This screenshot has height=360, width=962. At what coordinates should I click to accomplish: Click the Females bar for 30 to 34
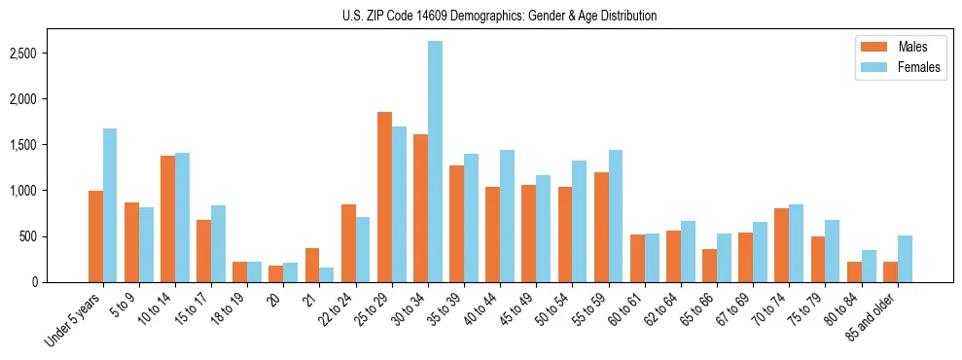(x=435, y=162)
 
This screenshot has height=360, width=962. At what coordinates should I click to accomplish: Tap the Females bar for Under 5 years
(x=110, y=205)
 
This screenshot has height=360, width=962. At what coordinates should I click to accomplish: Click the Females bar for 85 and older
(x=906, y=259)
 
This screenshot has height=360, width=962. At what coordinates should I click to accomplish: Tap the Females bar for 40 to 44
(x=507, y=216)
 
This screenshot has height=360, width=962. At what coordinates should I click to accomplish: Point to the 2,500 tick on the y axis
(x=50, y=53)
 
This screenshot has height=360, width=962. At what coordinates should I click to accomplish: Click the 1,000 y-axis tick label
(x=50, y=191)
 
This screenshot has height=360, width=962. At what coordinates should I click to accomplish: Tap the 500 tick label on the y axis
(x=56, y=236)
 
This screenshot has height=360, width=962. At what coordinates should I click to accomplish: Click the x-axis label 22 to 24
(x=339, y=310)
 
